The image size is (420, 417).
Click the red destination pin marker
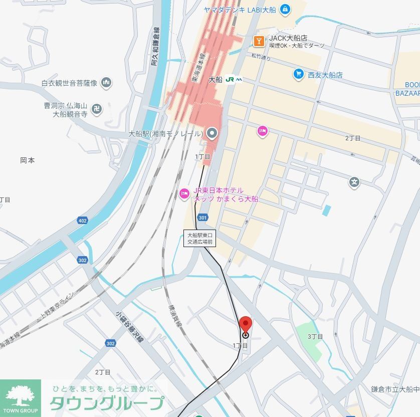[245, 325]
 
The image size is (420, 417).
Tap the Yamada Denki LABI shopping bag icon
[285, 9]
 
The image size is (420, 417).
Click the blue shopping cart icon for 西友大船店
[298, 74]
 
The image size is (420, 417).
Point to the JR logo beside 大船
[233, 79]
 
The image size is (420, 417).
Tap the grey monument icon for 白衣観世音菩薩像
[106, 82]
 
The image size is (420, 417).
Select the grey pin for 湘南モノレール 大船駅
[212, 133]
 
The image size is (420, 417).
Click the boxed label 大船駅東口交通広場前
[200, 238]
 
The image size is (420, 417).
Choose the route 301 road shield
[202, 218]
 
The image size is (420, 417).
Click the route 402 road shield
[83, 221]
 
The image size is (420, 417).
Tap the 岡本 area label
[28, 160]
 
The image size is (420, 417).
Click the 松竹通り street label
[261, 58]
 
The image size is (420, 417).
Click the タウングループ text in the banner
[107, 403]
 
